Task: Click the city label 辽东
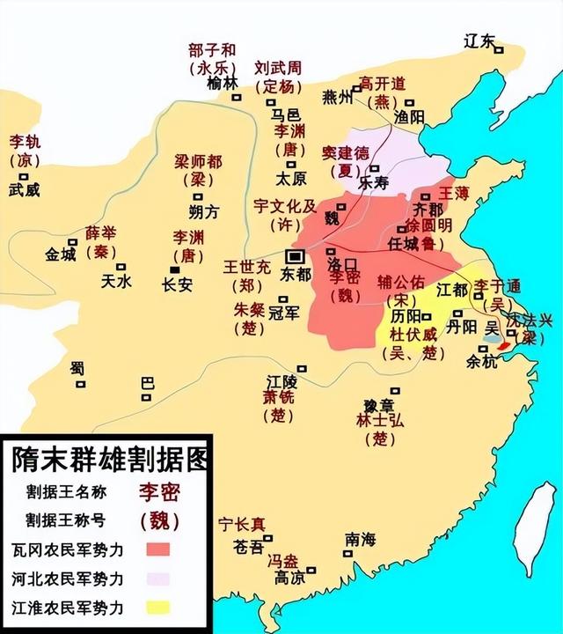point(480,41)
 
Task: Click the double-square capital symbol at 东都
point(296,256)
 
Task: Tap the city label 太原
point(291,177)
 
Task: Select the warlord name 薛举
point(99,233)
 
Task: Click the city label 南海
point(359,538)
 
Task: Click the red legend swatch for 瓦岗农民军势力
point(158,549)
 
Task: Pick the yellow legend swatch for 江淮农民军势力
point(158,608)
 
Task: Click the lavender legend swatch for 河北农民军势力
point(158,579)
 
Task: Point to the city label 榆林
point(223,84)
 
